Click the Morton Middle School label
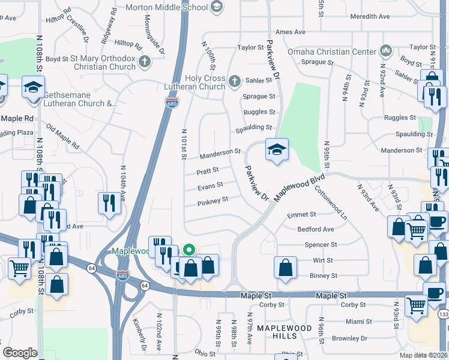coord(167,8)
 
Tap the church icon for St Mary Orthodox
coord(145,61)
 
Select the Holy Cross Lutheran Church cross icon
coord(234,80)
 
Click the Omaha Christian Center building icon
coord(386,52)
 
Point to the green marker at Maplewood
coord(189,250)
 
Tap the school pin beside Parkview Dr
coord(277,149)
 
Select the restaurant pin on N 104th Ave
coord(109,202)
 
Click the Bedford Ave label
coord(316,229)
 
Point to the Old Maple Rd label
coord(62,137)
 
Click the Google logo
coord(20,353)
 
